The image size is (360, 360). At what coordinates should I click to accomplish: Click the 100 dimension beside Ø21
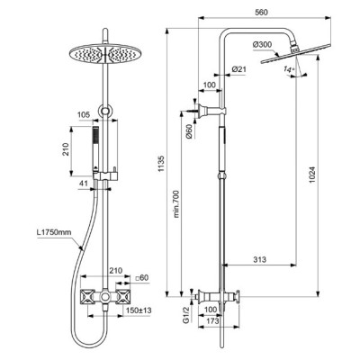tap(210, 85)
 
